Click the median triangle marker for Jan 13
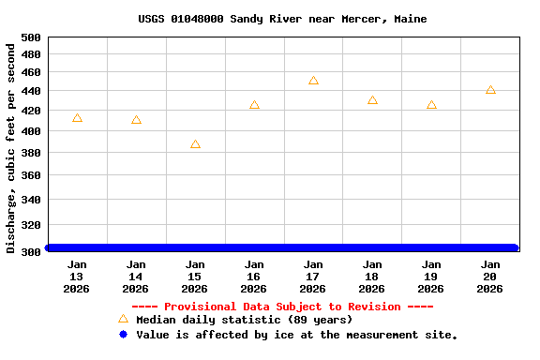[77, 118]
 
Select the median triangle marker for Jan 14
[136, 120]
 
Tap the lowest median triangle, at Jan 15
[195, 144]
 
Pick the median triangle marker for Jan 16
[254, 105]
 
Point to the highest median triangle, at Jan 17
[313, 81]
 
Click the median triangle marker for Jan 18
[372, 100]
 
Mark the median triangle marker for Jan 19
[431, 105]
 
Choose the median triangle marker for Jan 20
[490, 90]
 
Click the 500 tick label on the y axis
[31, 37]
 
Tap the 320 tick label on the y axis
[31, 225]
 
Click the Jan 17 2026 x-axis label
[313, 277]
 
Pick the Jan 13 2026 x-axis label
[77, 277]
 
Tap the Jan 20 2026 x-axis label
[490, 277]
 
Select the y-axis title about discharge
[11, 145]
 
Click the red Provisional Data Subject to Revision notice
[282, 307]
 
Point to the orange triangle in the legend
[123, 319]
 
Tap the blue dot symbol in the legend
[123, 334]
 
